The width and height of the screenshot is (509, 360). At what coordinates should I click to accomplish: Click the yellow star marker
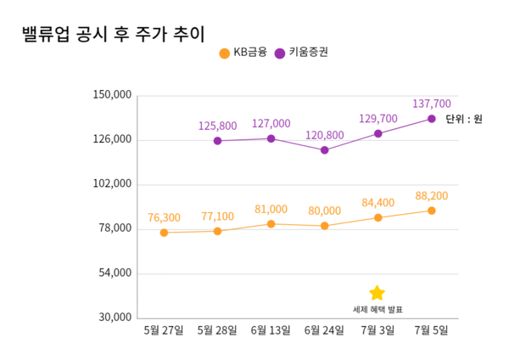pyautogui.click(x=378, y=293)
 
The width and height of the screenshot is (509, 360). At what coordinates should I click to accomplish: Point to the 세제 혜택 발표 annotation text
pyautogui.click(x=378, y=309)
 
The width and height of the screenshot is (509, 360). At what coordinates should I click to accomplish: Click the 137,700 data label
pyautogui.click(x=432, y=104)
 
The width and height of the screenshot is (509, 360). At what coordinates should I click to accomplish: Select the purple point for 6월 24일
pyautogui.click(x=324, y=150)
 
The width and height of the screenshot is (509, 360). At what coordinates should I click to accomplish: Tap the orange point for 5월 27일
pyautogui.click(x=164, y=233)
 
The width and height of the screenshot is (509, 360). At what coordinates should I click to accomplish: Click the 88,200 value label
pyautogui.click(x=432, y=196)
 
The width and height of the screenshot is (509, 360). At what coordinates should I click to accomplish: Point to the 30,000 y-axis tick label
pyautogui.click(x=114, y=318)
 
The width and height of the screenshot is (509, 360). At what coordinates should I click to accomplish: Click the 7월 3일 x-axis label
pyautogui.click(x=378, y=330)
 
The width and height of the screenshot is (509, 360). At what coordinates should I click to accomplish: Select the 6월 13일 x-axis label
pyautogui.click(x=271, y=330)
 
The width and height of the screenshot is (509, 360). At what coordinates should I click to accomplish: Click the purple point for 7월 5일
pyautogui.click(x=432, y=119)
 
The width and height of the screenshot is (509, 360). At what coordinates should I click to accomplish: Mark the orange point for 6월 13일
pyautogui.click(x=271, y=224)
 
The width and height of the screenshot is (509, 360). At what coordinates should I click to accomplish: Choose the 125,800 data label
pyautogui.click(x=218, y=126)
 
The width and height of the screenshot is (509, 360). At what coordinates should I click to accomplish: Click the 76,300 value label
pyautogui.click(x=164, y=217)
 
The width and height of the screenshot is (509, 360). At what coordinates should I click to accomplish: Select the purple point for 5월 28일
pyautogui.click(x=218, y=141)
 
